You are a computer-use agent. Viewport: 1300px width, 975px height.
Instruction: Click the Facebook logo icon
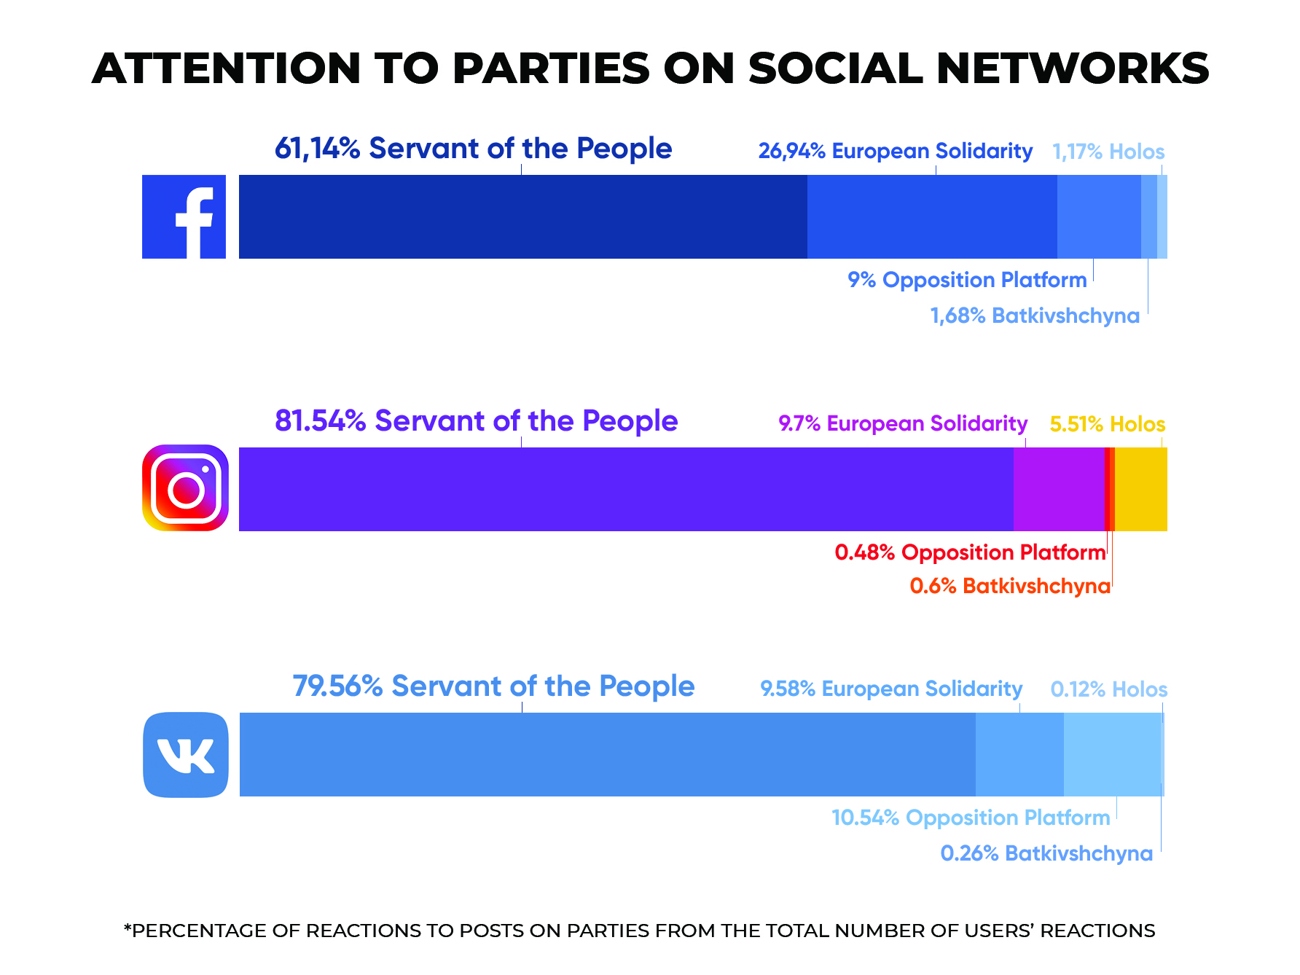coord(184,216)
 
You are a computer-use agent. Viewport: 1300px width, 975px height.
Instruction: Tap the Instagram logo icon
coord(185,488)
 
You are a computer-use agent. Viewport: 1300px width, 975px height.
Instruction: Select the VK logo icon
coord(186,754)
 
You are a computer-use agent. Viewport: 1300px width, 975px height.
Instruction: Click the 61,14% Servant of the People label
coord(473,149)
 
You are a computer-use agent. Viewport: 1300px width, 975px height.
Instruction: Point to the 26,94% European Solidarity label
coord(895,151)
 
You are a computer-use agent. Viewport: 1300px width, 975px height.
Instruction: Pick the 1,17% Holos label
coord(1108,152)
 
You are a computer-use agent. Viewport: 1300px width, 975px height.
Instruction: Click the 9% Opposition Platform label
coord(967,280)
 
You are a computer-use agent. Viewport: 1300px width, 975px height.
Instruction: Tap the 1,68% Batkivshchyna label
coord(1035,316)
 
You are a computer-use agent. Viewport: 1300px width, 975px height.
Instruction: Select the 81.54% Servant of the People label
coord(476,421)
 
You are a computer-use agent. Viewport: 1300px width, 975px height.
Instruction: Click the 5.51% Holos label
coord(1107,424)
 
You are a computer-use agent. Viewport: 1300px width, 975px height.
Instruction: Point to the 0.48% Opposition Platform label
coord(970,552)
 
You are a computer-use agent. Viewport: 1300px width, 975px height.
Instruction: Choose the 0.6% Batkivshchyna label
coord(1010,586)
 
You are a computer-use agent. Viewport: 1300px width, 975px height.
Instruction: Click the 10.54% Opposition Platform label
coord(971,818)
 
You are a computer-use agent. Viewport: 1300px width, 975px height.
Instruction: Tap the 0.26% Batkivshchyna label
coord(1046,853)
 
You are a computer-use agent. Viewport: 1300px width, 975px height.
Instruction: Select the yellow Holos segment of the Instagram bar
coord(1140,489)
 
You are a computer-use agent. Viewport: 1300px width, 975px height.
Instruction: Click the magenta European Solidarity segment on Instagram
coord(1058,489)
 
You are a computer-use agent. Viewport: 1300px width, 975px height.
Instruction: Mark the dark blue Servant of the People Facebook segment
coord(522,216)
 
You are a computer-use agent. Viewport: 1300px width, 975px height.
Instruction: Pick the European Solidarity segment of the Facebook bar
coord(932,216)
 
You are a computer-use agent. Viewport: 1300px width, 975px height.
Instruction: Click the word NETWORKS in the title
coord(1073,68)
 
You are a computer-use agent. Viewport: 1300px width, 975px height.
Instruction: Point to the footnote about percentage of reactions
coord(639,931)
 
